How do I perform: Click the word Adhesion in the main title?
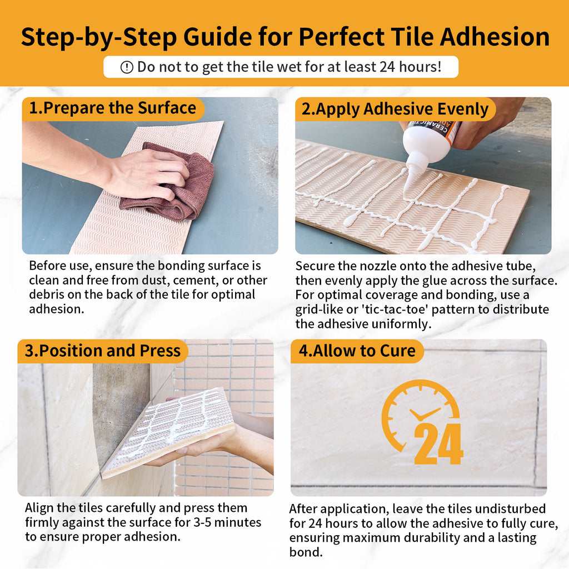(x=495, y=37)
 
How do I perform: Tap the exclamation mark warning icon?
(x=127, y=67)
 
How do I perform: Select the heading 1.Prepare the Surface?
(x=112, y=108)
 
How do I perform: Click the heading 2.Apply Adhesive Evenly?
(x=395, y=109)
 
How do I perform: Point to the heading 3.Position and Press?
(x=103, y=351)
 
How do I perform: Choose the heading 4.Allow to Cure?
(x=357, y=351)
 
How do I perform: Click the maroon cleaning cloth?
(x=169, y=182)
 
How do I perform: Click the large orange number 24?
(x=438, y=443)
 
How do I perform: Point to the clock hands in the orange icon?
(x=424, y=413)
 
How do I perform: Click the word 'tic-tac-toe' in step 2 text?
(x=393, y=310)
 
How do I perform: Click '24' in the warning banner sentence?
(x=387, y=67)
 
